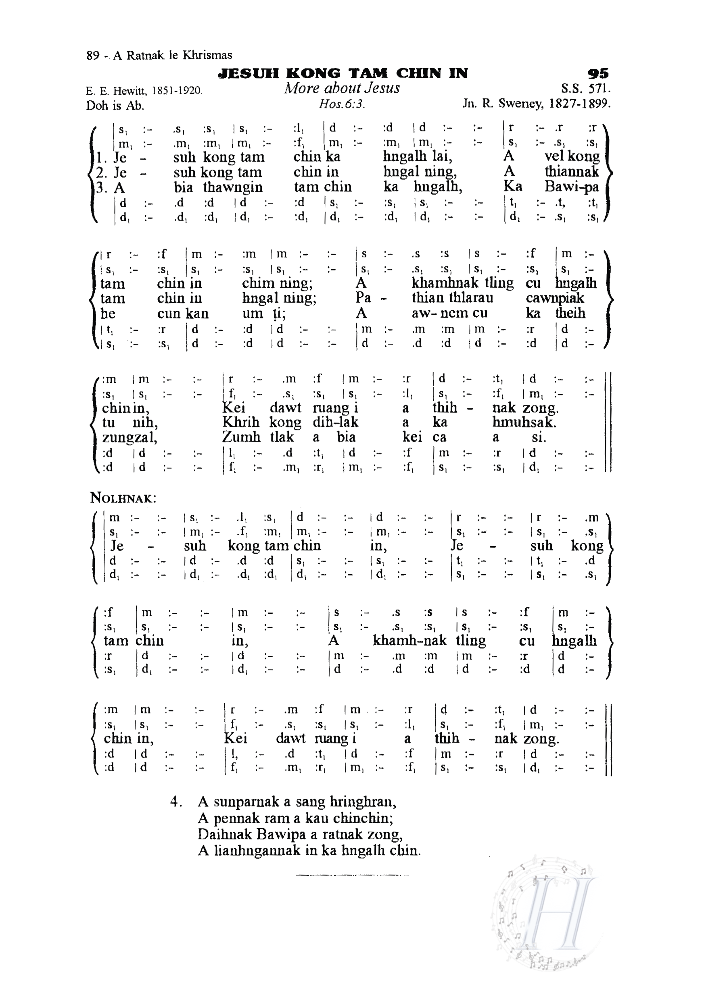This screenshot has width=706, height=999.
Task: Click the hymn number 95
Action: coord(598,73)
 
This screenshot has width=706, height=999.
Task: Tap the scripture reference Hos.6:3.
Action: coord(342,104)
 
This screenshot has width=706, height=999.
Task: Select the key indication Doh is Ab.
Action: coord(115,106)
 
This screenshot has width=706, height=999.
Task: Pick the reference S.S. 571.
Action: coord(586,89)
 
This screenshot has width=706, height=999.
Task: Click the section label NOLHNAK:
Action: coord(123,498)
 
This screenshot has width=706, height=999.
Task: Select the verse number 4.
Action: coord(175,802)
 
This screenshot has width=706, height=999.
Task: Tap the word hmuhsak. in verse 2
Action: coord(524,422)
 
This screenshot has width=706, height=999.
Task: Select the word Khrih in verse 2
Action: coord(240,422)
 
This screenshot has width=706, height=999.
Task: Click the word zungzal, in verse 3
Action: coord(130,437)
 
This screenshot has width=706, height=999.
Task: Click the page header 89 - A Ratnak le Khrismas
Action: coord(159,55)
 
